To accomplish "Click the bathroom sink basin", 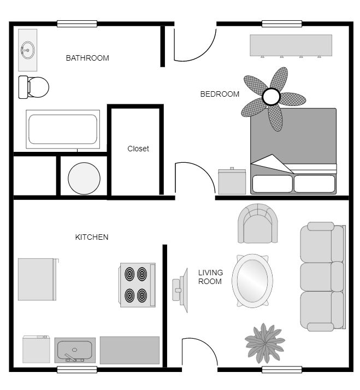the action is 27,50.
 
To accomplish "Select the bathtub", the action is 63,129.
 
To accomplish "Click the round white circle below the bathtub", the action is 84,179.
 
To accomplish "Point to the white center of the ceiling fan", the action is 271,97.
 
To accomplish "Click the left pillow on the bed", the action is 272,184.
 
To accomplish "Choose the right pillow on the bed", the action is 314,184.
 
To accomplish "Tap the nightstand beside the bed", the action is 232,182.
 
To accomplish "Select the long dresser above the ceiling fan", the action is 291,45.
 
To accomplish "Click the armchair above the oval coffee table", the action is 257,224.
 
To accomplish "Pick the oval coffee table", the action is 252,280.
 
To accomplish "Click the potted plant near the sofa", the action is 265,343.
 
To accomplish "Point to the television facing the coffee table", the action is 181,290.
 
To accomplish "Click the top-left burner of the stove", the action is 129,274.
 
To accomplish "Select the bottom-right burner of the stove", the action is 142,296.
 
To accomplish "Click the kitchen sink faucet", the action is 70,357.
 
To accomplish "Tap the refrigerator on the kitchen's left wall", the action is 37,279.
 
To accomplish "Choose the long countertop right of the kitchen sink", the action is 129,350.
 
